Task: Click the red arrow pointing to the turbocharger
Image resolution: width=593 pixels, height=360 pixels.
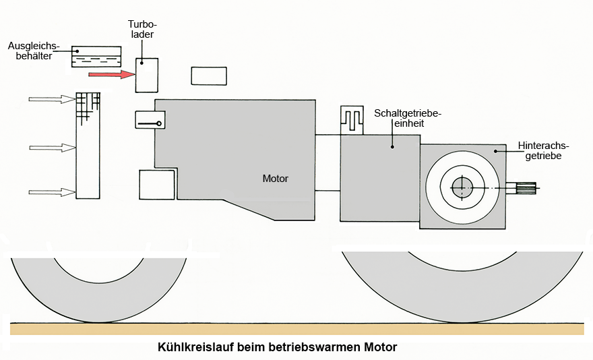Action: [x=111, y=74]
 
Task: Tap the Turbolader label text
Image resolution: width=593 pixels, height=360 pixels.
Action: [x=142, y=28]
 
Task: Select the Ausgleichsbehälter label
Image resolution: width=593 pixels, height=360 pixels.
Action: [x=34, y=51]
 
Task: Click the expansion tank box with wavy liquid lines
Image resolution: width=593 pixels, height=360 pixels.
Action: [x=96, y=57]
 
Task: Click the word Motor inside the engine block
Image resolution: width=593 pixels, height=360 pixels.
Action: [x=275, y=179]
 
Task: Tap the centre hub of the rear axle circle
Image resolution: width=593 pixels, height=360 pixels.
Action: [x=462, y=187]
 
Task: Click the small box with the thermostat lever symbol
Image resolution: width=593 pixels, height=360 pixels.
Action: [x=150, y=120]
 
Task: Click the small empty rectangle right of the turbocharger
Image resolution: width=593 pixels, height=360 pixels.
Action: [x=208, y=76]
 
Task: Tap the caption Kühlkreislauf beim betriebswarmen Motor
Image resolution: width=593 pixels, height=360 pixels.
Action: [x=277, y=348]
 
